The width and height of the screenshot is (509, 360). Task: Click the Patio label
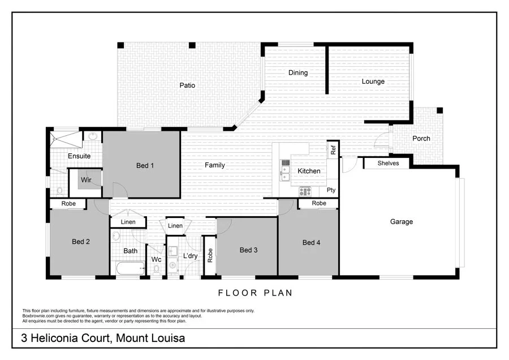tap(187, 85)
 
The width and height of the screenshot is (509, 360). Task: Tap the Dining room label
tap(298, 72)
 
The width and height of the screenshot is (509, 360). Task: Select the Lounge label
tap(373, 82)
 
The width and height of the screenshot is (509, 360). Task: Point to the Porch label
tap(421, 138)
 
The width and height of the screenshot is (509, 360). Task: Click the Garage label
tap(401, 222)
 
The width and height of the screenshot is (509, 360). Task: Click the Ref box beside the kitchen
tap(333, 149)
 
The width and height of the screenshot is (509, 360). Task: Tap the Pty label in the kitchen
tap(331, 190)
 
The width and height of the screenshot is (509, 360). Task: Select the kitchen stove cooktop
tap(305, 191)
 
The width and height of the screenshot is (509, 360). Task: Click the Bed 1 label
tap(145, 165)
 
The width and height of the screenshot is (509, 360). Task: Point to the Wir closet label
tap(87, 179)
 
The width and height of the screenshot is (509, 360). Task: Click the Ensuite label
tap(79, 156)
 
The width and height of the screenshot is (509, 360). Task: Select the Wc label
tap(156, 260)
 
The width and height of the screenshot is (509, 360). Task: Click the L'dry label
tap(190, 256)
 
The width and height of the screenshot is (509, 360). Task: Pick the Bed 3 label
tap(249, 250)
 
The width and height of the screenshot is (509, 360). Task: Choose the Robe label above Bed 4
tap(319, 203)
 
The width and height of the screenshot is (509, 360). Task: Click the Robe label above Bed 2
tap(67, 203)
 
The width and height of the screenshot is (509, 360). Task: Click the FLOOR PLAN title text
tap(255, 293)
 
